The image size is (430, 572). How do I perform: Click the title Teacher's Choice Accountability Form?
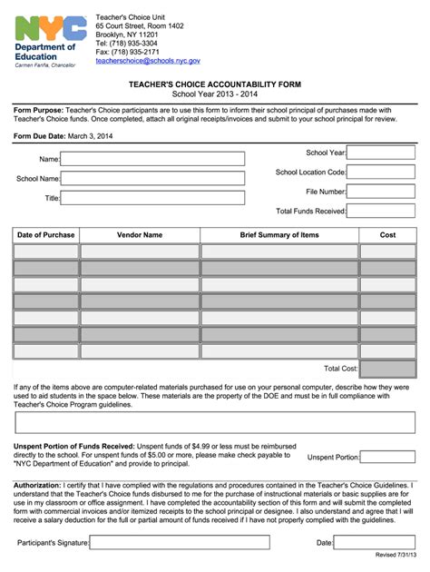click(214, 83)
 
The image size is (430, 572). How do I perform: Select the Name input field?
click(152, 159)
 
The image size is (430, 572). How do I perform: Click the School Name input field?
click(152, 179)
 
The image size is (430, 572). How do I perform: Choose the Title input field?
click(152, 198)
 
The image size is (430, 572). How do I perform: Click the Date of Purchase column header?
click(46, 235)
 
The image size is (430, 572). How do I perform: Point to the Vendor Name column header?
click(140, 235)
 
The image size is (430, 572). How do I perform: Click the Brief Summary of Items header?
click(279, 235)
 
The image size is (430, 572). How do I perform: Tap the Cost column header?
click(387, 235)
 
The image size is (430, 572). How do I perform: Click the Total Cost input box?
click(387, 369)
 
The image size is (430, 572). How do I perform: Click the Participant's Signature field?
click(180, 543)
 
